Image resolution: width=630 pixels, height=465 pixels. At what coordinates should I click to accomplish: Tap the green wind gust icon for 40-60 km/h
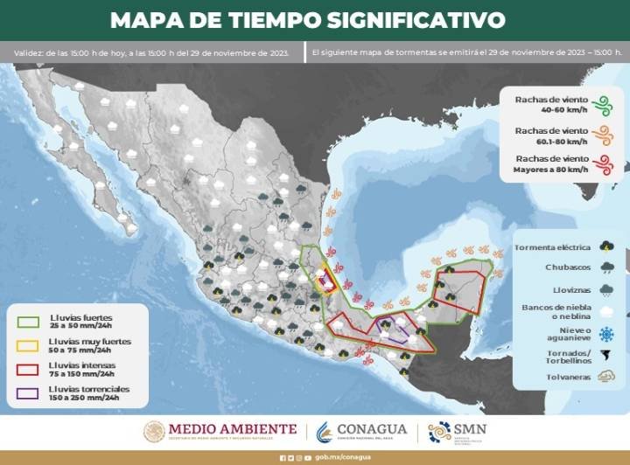(x=601, y=106)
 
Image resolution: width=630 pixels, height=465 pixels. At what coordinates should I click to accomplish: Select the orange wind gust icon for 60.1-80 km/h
(x=601, y=135)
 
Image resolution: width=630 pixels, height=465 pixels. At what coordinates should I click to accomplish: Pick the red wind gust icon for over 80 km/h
(x=601, y=163)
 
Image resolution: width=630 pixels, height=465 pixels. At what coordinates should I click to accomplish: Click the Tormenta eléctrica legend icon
(x=605, y=246)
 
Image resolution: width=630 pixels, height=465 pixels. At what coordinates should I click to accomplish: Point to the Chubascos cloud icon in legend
(x=605, y=267)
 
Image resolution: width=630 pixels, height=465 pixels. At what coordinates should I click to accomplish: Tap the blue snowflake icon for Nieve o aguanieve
(x=605, y=333)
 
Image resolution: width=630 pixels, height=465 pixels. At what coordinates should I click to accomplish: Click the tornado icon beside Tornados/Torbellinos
(x=605, y=355)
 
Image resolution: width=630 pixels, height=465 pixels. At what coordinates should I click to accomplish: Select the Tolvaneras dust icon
(x=605, y=377)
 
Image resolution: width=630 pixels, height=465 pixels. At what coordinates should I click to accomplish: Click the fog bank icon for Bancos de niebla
(x=605, y=311)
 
